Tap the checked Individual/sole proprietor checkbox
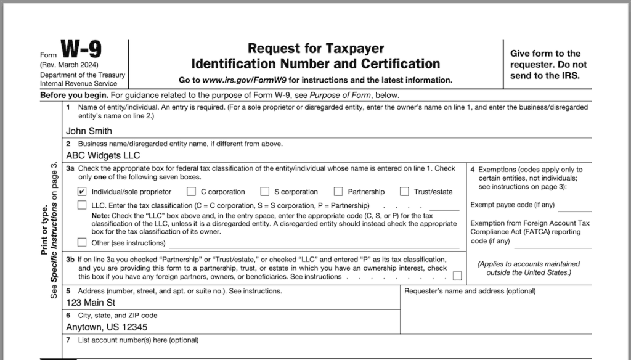[82, 192]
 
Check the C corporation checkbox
[192, 192]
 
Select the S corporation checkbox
[265, 192]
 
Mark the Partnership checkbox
[338, 192]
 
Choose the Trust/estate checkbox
[404, 192]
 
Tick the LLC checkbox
[82, 205]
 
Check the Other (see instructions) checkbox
[82, 243]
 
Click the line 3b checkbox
[457, 276]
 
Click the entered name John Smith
[89, 131]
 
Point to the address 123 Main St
[91, 303]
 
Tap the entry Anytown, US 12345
[107, 327]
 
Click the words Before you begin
[73, 96]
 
